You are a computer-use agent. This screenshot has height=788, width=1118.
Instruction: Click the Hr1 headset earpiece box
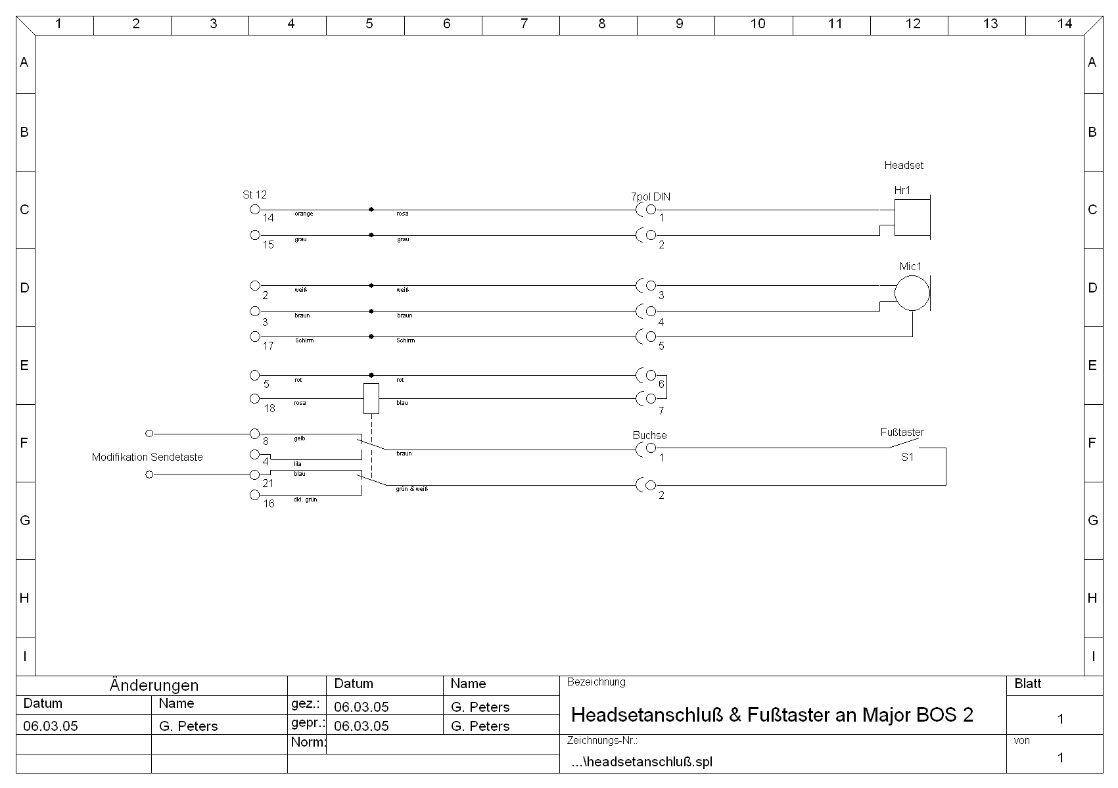pyautogui.click(x=912, y=218)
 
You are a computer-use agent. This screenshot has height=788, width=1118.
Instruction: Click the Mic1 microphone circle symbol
pyautogui.click(x=912, y=293)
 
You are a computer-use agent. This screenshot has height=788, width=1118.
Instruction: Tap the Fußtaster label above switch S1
pyautogui.click(x=902, y=432)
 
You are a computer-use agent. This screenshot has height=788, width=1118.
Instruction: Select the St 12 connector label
pyautogui.click(x=254, y=195)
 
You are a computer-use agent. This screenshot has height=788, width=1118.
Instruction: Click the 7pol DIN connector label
pyautogui.click(x=651, y=197)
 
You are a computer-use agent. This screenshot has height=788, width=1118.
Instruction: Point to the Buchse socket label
pyautogui.click(x=649, y=435)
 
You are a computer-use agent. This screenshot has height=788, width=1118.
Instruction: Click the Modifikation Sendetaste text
pyautogui.click(x=147, y=457)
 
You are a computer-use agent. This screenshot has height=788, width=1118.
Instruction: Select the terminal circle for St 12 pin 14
pyautogui.click(x=255, y=210)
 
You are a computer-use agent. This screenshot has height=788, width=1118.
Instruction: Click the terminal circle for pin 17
pyautogui.click(x=255, y=336)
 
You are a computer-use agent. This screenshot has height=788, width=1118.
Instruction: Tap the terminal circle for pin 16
pyautogui.click(x=255, y=495)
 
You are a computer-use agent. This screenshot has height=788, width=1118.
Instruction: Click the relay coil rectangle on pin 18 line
pyautogui.click(x=371, y=398)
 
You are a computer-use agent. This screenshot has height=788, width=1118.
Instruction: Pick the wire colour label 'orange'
pyautogui.click(x=304, y=214)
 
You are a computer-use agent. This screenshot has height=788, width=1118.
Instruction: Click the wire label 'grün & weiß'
pyautogui.click(x=412, y=489)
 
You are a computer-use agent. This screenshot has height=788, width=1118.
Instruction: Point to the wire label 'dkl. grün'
pyautogui.click(x=305, y=499)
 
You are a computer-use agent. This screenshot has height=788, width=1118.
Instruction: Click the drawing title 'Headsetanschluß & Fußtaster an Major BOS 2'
pyautogui.click(x=772, y=715)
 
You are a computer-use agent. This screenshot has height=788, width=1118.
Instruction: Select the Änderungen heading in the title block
pyautogui.click(x=154, y=685)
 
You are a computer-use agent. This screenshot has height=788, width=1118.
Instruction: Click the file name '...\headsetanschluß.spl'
pyautogui.click(x=641, y=762)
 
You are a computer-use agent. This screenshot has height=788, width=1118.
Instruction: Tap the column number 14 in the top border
pyautogui.click(x=1064, y=24)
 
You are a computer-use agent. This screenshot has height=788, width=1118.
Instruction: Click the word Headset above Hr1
pyautogui.click(x=903, y=165)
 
